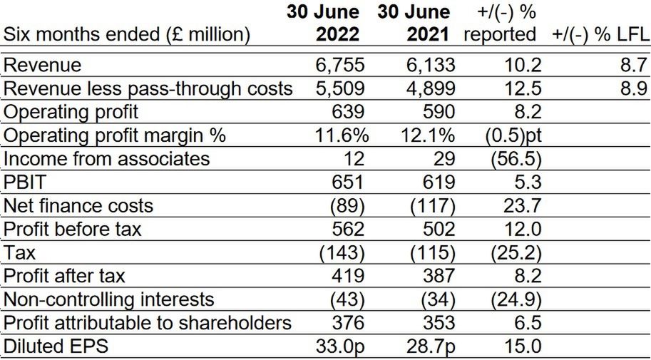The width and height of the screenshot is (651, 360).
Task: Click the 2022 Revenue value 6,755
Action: point(339,66)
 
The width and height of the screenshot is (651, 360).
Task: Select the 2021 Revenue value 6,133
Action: point(429,66)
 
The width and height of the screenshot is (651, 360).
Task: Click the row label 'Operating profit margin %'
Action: point(116,135)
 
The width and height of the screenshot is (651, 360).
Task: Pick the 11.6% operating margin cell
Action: point(339,135)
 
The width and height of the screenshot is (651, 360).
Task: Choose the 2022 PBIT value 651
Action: point(347,182)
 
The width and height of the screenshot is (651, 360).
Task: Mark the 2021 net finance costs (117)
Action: point(434,205)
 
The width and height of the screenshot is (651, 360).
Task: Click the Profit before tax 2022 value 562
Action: point(347,229)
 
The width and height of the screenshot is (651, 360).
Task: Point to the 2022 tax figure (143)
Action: point(344,252)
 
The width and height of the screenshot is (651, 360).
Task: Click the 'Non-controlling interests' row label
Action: point(109,299)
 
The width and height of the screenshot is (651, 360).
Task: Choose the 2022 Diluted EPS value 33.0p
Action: point(339,346)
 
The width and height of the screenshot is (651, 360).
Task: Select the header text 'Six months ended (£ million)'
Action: point(127,34)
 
